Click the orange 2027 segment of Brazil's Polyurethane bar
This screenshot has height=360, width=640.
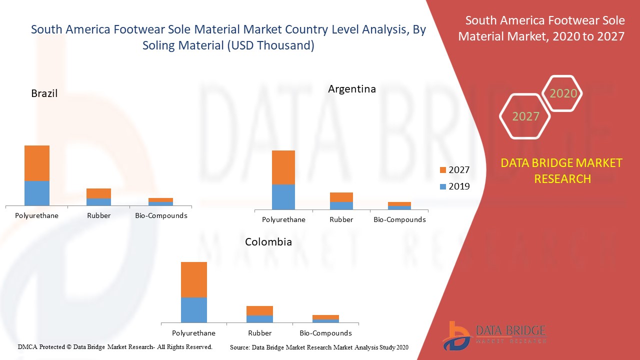37,163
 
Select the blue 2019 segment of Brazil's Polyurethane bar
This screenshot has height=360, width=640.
37,193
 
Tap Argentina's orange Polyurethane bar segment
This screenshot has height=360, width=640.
283,167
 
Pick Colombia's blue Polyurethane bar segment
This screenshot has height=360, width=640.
194,310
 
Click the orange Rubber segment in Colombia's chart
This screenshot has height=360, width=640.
259,310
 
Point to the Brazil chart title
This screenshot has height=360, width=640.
44,93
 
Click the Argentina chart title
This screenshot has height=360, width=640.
352,89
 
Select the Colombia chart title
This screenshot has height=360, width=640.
268,242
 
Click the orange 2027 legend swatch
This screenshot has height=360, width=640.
442,170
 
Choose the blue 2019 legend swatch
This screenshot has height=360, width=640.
442,186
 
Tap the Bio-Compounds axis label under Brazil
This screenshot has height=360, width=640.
161,216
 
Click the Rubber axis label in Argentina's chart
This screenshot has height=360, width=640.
341,219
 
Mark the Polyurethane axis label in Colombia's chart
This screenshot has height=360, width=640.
193,333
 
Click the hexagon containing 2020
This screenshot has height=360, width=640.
563,93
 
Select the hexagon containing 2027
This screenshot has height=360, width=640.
525,116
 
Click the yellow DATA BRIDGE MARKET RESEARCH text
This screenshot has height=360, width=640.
562,170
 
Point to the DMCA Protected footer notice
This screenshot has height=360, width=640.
115,346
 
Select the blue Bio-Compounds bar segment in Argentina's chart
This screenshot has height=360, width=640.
399,207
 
